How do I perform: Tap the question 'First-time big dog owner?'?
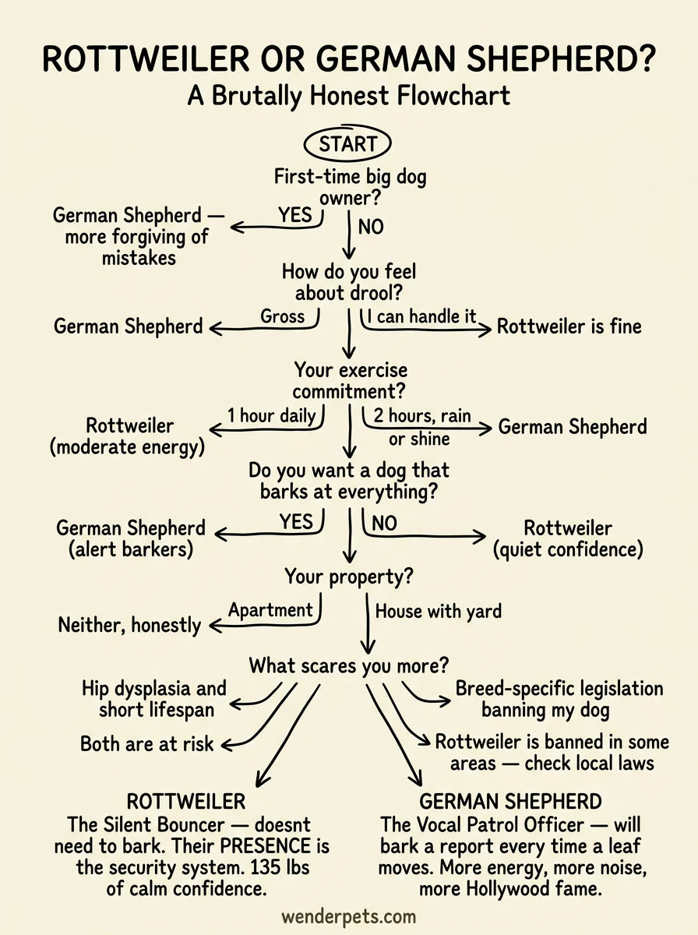pyautogui.click(x=350, y=188)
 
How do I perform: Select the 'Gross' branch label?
pyautogui.click(x=283, y=317)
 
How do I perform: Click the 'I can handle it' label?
pyautogui.click(x=421, y=317)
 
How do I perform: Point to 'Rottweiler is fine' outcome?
pyautogui.click(x=569, y=326)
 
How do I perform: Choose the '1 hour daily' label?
pyautogui.click(x=271, y=415)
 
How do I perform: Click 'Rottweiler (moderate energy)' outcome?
pyautogui.click(x=130, y=436)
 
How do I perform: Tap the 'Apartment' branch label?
pyautogui.click(x=270, y=610)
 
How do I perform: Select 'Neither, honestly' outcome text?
pyautogui.click(x=129, y=625)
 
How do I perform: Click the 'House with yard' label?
pyautogui.click(x=438, y=612)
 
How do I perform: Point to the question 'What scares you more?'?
pyautogui.click(x=349, y=666)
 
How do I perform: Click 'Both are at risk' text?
pyautogui.click(x=146, y=744)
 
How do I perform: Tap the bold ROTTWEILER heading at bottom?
pyautogui.click(x=186, y=802)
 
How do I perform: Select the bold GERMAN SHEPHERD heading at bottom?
pyautogui.click(x=510, y=802)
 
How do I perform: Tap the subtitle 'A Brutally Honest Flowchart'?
pyautogui.click(x=348, y=96)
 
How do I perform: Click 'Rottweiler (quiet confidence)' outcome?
pyautogui.click(x=568, y=538)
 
